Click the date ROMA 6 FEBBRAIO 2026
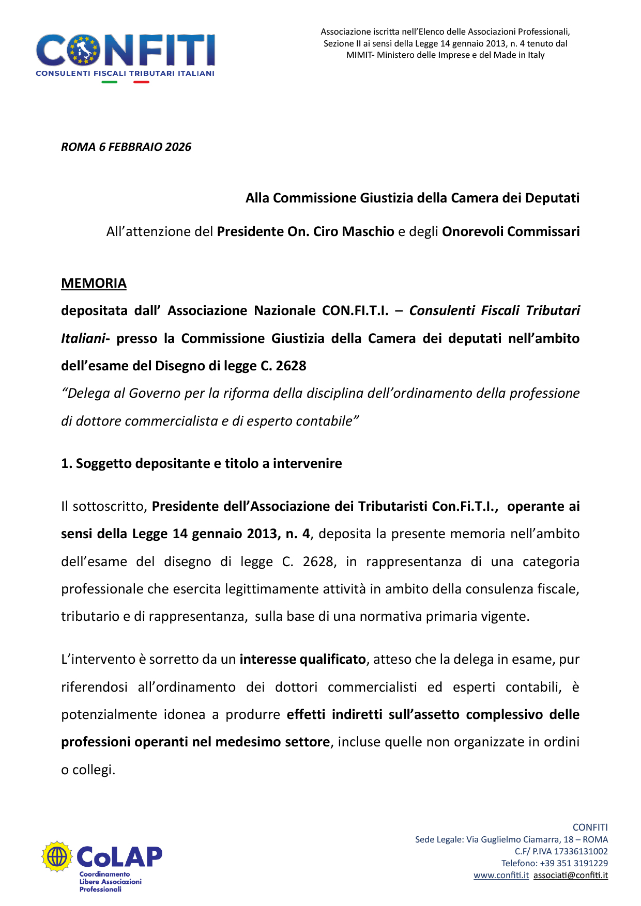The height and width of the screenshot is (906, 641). pyautogui.click(x=126, y=147)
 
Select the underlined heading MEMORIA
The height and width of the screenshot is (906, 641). pyautogui.click(x=94, y=283)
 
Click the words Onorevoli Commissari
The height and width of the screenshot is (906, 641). pyautogui.click(x=510, y=231)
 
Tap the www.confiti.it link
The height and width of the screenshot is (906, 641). pyautogui.click(x=501, y=875)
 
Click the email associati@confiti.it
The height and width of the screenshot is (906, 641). pyautogui.click(x=571, y=875)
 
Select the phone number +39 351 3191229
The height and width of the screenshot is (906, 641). pyautogui.click(x=574, y=863)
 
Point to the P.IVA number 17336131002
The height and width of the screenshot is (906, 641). pyautogui.click(x=581, y=851)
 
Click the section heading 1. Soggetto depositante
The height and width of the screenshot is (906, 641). pyautogui.click(x=201, y=463)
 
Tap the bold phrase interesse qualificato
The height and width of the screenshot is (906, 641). pyautogui.click(x=302, y=660)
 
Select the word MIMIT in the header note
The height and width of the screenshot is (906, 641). pyautogui.click(x=359, y=55)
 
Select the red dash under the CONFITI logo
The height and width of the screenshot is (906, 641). pyautogui.click(x=141, y=82)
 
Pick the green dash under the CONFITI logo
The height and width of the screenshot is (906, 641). pyautogui.click(x=109, y=82)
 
